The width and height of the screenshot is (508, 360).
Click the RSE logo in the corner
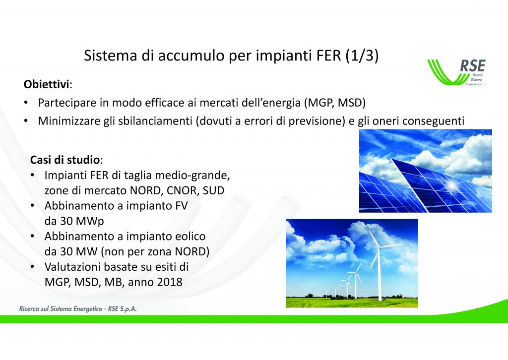point(456,72)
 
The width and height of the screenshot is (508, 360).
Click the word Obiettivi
point(46,84)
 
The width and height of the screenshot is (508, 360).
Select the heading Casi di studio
point(65,160)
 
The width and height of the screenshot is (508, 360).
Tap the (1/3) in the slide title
point(362,56)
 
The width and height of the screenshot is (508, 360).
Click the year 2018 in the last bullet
point(170,282)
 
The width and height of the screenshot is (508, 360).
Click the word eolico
point(190,237)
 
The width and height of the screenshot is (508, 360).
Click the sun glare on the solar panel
point(452,185)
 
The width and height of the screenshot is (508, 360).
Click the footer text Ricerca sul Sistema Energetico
point(61,309)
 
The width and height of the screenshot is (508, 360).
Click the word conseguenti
point(434,121)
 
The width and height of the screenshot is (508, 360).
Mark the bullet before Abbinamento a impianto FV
point(32,206)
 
